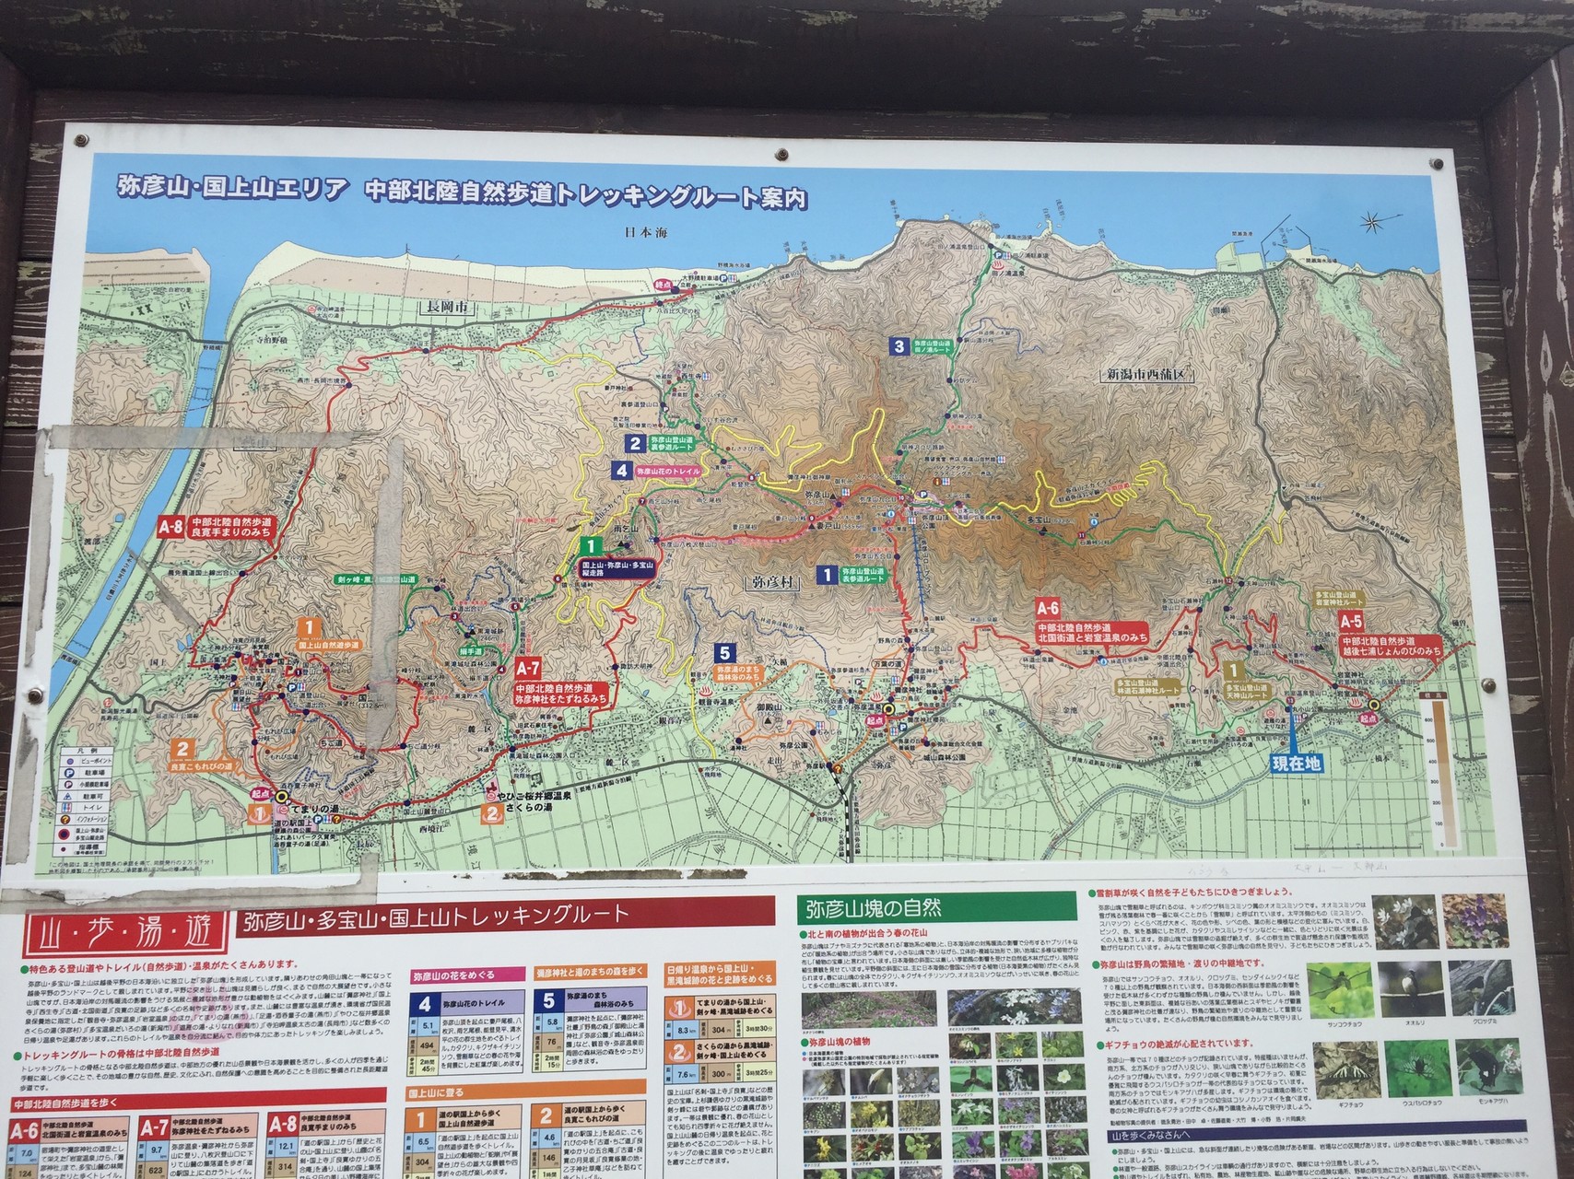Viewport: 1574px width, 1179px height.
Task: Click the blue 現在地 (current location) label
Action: coord(1296,764)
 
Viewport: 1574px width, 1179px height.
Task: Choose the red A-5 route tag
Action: coord(1352,621)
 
